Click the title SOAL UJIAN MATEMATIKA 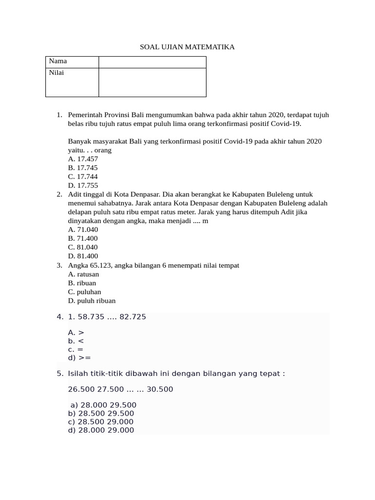point(187,47)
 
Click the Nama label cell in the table point(72,62)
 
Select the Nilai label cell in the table point(72,82)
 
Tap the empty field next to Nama point(152,62)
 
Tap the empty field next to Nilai point(152,82)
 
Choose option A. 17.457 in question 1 point(83,159)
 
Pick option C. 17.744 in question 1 point(83,176)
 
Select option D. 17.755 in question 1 point(83,185)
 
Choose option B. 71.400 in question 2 point(83,238)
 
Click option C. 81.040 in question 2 point(83,247)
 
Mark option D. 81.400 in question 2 point(83,256)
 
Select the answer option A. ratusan point(83,274)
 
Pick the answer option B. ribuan point(82,283)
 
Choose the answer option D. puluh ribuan point(92,301)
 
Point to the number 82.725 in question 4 point(132,317)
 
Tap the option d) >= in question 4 point(80,358)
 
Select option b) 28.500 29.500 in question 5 point(101,414)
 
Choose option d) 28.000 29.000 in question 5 point(101,430)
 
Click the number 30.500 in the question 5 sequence point(160,389)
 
